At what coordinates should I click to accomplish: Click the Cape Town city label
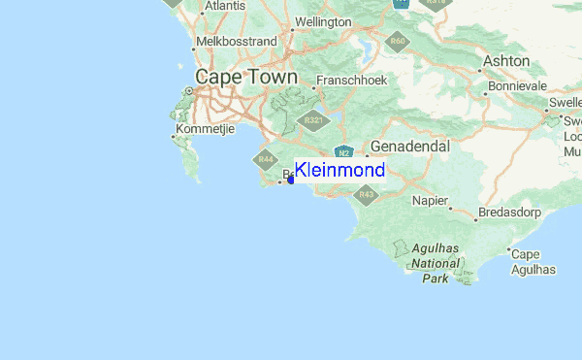point(238,77)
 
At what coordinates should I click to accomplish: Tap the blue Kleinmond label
point(339,171)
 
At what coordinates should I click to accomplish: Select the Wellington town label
point(322,21)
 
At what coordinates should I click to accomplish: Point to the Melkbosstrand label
point(237,42)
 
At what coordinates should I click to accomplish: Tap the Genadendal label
point(410,146)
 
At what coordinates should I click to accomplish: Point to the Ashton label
point(507,61)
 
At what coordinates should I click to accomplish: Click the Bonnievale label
point(517,85)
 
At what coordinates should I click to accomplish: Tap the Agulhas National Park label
point(435,262)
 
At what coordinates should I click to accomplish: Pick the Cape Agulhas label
point(533,262)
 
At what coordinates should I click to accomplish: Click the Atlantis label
point(225,6)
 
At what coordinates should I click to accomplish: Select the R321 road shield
point(311,119)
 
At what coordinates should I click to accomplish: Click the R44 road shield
point(265,159)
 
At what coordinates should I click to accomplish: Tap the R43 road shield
point(366,195)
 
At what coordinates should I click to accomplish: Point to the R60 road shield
point(396,41)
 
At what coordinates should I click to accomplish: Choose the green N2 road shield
point(343,151)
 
